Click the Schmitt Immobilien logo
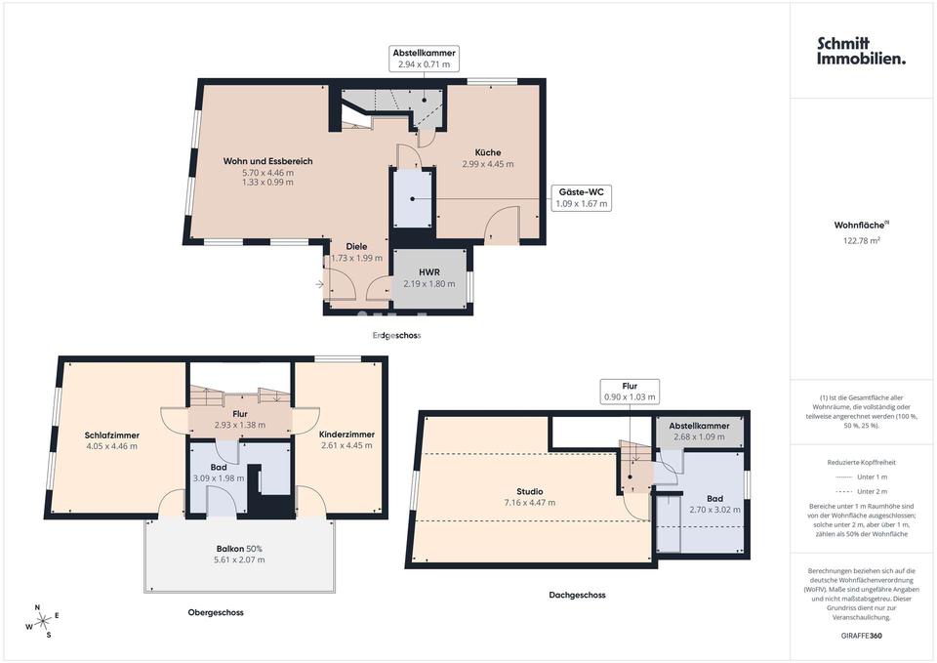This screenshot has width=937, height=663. point(861,51)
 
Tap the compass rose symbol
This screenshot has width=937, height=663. point(42,622)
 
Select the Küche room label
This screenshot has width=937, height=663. point(488,152)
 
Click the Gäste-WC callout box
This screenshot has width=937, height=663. point(582,198)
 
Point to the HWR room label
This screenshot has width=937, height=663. point(429,272)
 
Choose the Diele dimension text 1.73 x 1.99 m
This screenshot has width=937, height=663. point(357,258)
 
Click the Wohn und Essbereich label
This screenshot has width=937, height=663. point(267,161)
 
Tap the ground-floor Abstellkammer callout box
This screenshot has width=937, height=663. point(424,58)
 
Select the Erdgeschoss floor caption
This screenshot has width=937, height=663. point(397,335)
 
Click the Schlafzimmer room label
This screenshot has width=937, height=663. point(111,435)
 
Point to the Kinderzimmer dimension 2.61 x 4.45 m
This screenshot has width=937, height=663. point(346,445)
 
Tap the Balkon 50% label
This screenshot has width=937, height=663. point(239,549)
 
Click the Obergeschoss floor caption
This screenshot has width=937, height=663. point(216,612)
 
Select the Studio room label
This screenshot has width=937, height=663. point(529,492)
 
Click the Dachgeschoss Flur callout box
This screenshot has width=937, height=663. point(630,392)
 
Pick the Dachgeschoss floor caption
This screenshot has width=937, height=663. point(577,595)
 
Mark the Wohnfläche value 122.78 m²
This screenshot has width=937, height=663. point(861,240)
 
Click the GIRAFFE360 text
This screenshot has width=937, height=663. point(861,636)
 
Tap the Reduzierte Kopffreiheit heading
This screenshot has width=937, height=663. point(861,462)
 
